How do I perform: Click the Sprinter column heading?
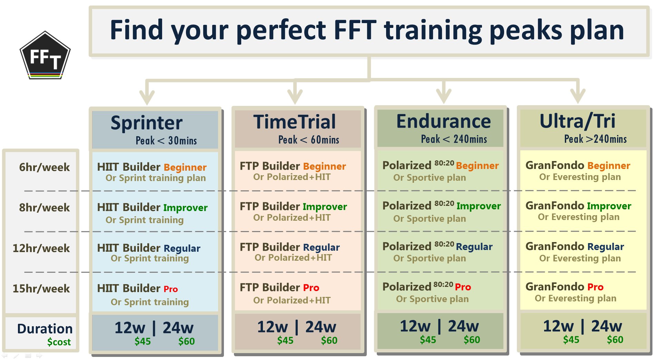point(147,123)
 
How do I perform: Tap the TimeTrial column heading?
point(295,122)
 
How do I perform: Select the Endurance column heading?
point(443,121)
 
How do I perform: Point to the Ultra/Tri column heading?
point(577,121)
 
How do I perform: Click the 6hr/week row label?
point(44,167)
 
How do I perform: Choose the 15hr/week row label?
point(41,288)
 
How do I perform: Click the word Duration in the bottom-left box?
point(45,329)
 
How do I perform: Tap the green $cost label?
point(59,342)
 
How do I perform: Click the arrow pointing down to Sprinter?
point(147,92)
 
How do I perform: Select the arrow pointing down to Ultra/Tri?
point(578,91)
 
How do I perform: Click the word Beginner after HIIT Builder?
point(185,168)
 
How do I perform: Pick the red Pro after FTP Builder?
point(311,288)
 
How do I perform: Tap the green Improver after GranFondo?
point(609,206)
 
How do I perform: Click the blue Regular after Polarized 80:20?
point(474,247)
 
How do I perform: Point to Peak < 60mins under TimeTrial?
point(308,140)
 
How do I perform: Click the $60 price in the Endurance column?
point(472,340)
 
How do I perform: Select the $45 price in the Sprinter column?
point(142,341)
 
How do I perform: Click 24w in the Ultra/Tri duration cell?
point(607,326)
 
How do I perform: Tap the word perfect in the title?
point(281,30)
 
